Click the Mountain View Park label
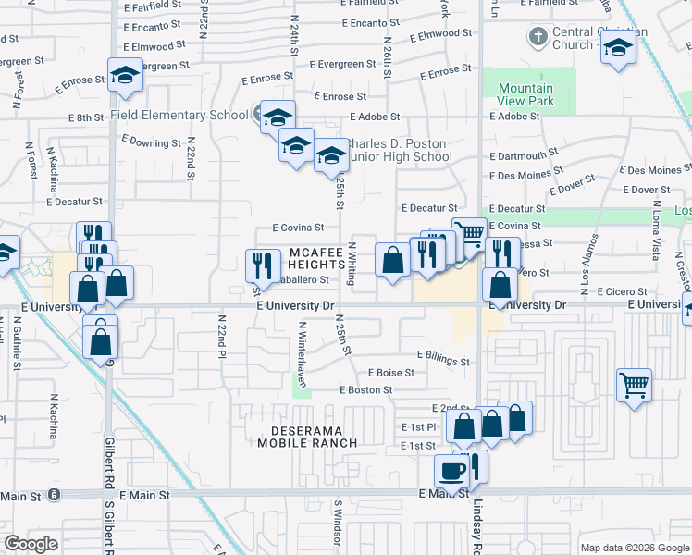click(525, 94)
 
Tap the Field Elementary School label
click(179, 116)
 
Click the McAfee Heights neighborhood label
click(310, 258)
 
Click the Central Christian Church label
click(573, 38)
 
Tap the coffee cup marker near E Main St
click(452, 472)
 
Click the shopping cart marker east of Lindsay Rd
click(634, 384)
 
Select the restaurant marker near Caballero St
click(262, 265)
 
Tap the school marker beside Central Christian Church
click(618, 49)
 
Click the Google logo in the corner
click(31, 543)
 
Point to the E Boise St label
click(389, 373)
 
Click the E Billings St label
click(443, 356)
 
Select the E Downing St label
click(150, 143)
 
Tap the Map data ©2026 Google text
click(635, 548)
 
